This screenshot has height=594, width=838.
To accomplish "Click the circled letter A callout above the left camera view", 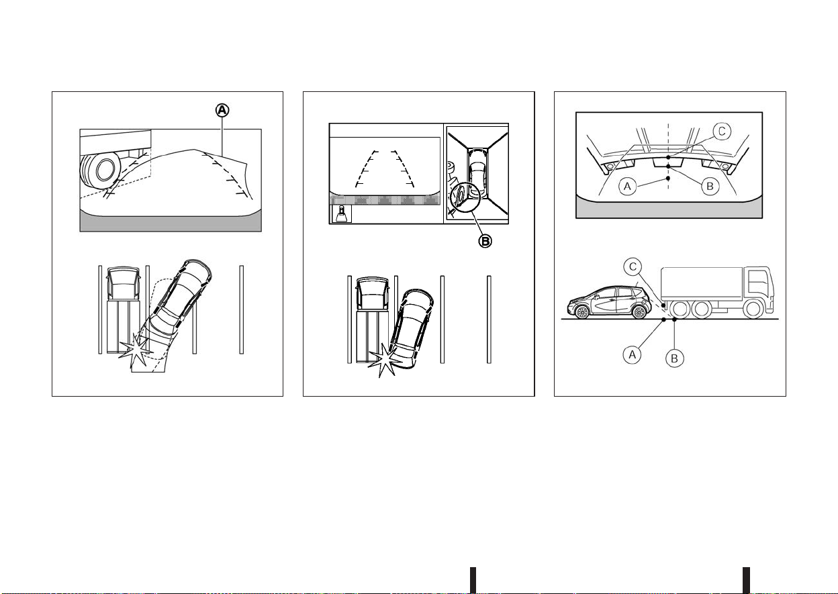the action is [x=222, y=110].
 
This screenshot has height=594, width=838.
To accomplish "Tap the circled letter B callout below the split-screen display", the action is [x=485, y=242].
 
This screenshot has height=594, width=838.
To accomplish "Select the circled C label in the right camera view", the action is [x=722, y=132].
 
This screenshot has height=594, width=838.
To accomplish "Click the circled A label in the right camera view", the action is [x=627, y=187].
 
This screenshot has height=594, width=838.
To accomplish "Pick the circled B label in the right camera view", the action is [x=710, y=187].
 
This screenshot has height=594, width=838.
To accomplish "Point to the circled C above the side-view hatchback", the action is [x=633, y=266].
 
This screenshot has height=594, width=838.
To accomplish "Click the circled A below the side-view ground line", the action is [x=633, y=354].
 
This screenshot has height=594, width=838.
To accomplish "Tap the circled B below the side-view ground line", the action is [x=675, y=358].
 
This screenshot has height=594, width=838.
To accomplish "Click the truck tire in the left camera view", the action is [x=99, y=170].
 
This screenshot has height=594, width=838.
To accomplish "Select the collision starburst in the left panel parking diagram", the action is [x=136, y=351].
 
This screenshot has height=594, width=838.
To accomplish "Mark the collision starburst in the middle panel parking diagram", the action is [x=385, y=360].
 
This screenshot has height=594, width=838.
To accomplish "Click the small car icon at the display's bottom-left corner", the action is [x=342, y=214].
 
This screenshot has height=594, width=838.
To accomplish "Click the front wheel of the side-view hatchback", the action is [x=582, y=312].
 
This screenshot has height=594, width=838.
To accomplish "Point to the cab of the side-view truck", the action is [x=757, y=287].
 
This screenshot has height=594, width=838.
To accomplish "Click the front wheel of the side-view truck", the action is [x=752, y=309].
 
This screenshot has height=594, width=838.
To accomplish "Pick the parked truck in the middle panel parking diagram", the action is [x=371, y=319].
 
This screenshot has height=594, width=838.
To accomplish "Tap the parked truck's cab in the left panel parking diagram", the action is [x=124, y=283].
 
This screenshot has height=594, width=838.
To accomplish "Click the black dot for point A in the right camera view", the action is [x=668, y=179].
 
